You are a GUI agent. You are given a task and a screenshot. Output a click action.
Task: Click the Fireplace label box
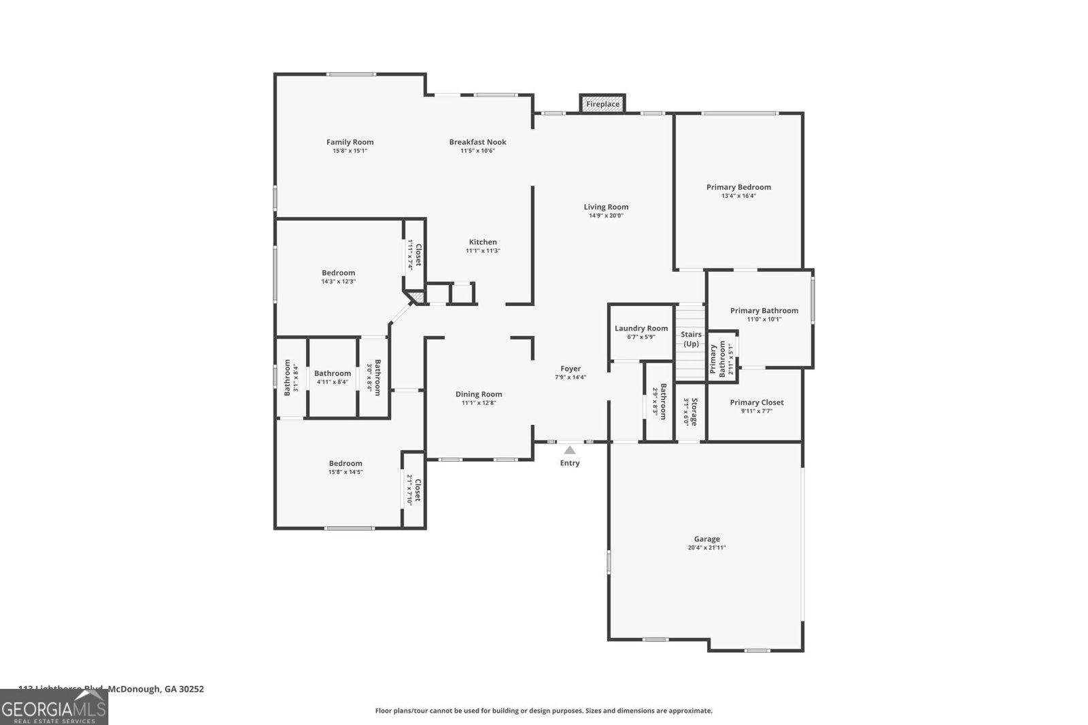coord(602,104)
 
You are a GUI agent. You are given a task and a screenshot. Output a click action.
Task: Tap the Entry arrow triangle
coord(570,450)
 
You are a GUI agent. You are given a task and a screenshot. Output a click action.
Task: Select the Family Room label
coord(350,142)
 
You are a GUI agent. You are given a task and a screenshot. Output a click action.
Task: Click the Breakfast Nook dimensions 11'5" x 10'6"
coord(477,151)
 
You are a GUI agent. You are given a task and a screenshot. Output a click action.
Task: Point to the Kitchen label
coord(483,242)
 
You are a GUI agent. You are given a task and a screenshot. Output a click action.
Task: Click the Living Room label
coord(606,207)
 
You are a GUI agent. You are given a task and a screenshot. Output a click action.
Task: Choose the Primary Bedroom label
coord(738,187)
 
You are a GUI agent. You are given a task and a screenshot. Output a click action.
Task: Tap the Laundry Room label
coord(641,328)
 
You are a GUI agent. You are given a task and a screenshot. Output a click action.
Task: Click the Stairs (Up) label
coord(691,339)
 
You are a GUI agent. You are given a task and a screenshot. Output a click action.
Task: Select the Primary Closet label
coord(756,403)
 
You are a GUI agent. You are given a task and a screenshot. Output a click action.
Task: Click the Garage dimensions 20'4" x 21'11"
coord(707,547)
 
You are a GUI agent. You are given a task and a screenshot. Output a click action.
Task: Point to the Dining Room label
coord(479,394)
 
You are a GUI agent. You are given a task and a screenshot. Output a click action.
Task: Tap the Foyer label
coord(571,369)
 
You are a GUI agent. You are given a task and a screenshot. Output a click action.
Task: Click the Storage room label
coord(694,411)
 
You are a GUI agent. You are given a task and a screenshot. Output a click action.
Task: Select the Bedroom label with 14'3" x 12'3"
coord(339,273)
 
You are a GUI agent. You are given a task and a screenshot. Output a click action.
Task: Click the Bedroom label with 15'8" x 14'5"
coord(345,463)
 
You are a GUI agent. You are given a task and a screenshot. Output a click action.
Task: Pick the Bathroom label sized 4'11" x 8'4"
coord(333,373)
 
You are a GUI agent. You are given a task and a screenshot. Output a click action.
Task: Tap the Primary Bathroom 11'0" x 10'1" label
coord(764,311)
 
